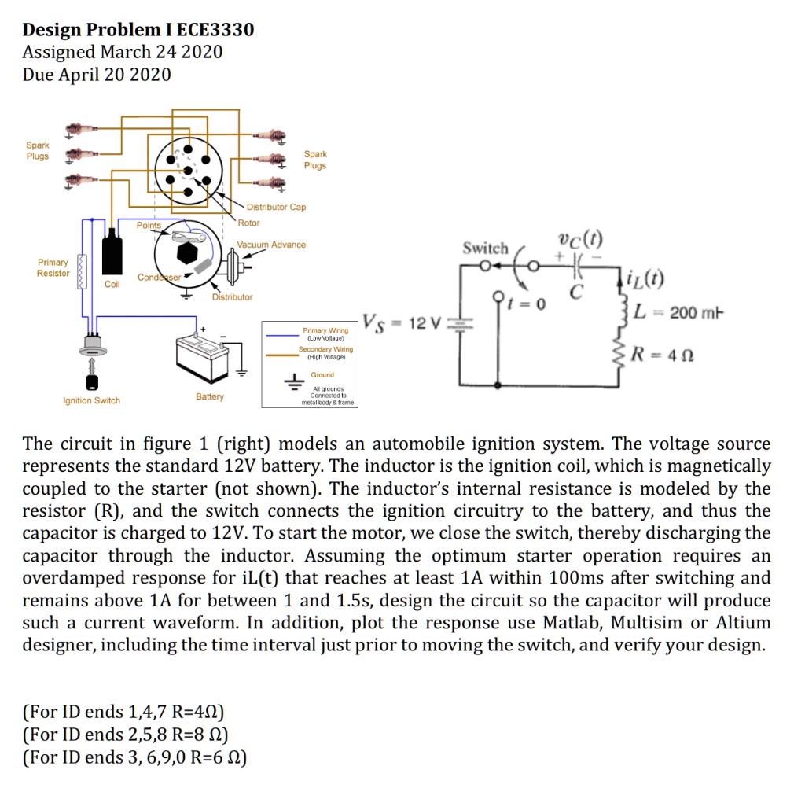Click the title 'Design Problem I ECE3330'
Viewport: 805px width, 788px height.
(138, 30)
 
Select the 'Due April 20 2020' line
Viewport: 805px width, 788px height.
(97, 75)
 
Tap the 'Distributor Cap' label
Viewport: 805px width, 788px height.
(276, 207)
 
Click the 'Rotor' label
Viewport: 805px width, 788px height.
(248, 223)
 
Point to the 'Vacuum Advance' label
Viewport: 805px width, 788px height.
(271, 245)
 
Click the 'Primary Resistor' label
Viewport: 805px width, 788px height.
(53, 267)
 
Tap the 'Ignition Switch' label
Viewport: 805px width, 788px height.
(92, 400)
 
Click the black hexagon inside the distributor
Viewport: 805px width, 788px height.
(187, 253)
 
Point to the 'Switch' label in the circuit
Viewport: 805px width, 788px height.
(485, 249)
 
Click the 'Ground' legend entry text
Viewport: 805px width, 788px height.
(322, 375)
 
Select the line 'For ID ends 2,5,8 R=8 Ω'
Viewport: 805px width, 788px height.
(126, 735)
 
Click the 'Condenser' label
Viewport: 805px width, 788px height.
(158, 278)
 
